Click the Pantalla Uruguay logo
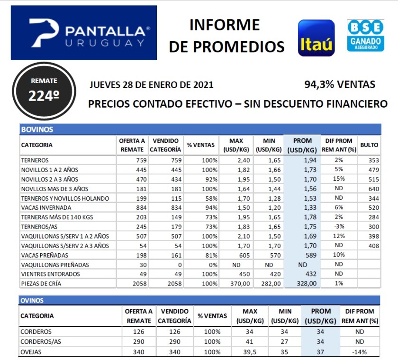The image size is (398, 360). tap(84, 33)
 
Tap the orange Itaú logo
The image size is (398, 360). tap(316, 38)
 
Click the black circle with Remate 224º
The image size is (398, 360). tap(44, 91)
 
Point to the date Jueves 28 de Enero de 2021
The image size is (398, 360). tap(151, 85)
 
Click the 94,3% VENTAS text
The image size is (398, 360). tap(340, 85)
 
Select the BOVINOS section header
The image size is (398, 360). tap(37, 129)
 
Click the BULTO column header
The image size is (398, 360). tap(369, 145)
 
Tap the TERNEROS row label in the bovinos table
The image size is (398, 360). tap(35, 160)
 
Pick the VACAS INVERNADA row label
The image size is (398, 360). tap(46, 208)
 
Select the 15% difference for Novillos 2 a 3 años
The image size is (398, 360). tap(339, 179)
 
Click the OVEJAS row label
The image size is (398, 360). tap(32, 351)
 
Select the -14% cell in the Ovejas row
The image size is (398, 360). tap(360, 351)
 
